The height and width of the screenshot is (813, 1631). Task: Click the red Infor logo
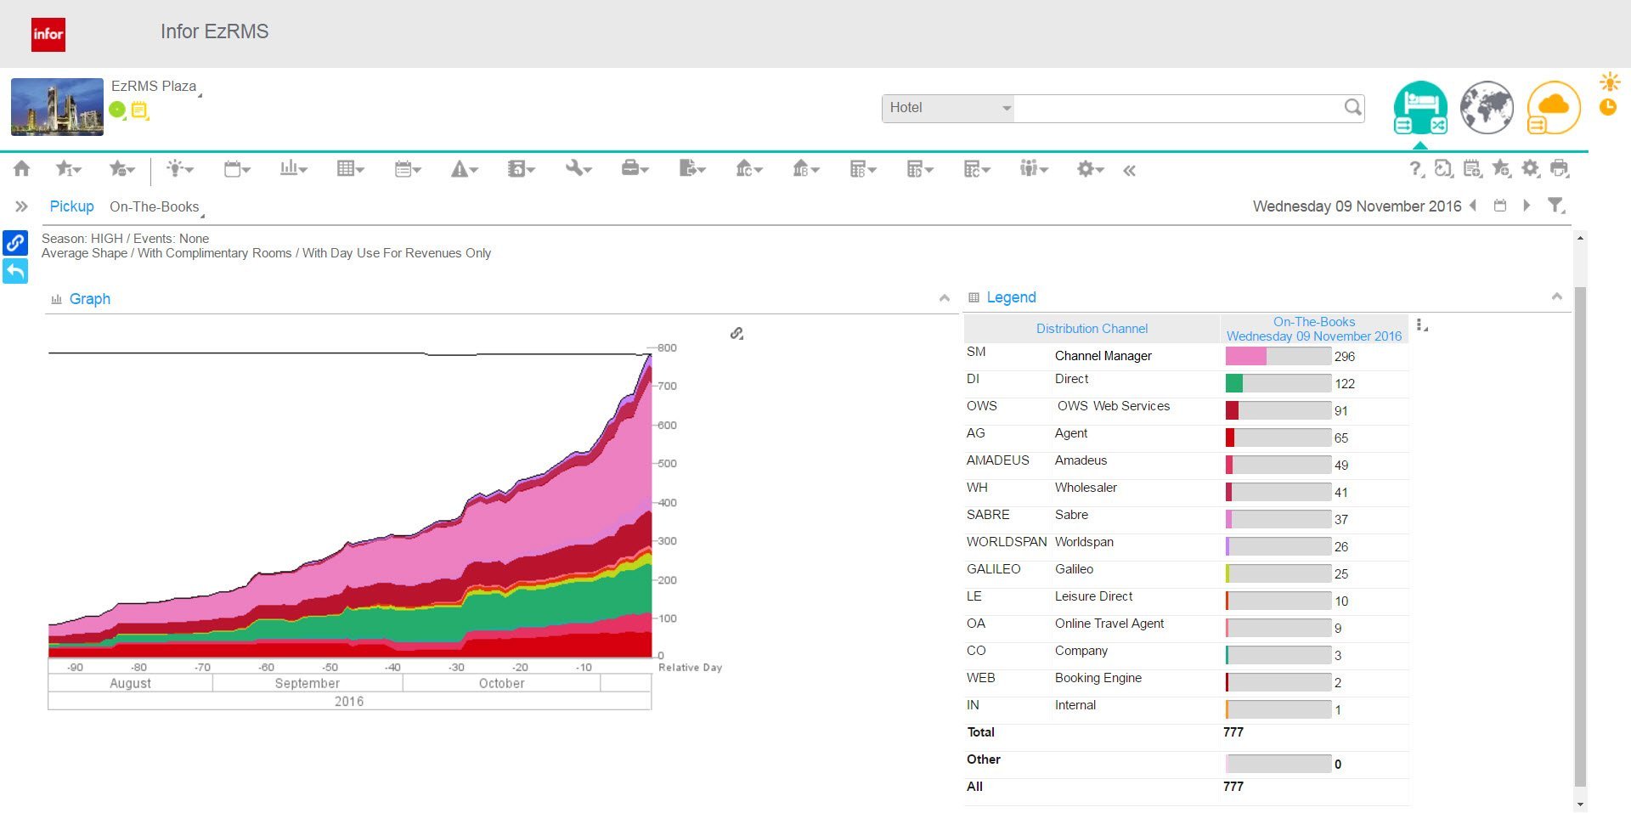pyautogui.click(x=48, y=34)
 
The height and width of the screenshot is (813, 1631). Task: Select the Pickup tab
pyautogui.click(x=71, y=206)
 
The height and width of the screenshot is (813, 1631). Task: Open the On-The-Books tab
pyautogui.click(x=155, y=206)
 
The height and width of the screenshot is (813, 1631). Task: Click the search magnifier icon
pyautogui.click(x=1352, y=107)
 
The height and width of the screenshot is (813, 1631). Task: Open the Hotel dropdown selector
pyautogui.click(x=948, y=108)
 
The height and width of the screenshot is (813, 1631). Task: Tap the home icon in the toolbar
pyautogui.click(x=22, y=168)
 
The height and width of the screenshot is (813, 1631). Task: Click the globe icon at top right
pyautogui.click(x=1487, y=108)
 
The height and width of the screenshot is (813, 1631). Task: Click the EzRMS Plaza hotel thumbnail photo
pyautogui.click(x=57, y=107)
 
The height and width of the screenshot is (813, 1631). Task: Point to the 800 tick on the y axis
pyautogui.click(x=667, y=347)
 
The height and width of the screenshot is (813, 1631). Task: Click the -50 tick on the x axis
pyautogui.click(x=330, y=668)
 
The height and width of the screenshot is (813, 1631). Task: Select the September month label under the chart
pyautogui.click(x=307, y=683)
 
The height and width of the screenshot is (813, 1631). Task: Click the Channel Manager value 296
pyautogui.click(x=1345, y=357)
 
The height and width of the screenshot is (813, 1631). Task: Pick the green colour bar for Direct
pyautogui.click(x=1234, y=384)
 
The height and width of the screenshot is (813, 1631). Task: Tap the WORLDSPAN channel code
pyautogui.click(x=1007, y=542)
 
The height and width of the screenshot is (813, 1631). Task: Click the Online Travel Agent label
pyautogui.click(x=1109, y=624)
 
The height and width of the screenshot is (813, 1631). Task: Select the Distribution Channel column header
pyautogui.click(x=1092, y=329)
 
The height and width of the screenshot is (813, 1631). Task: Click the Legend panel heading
pyautogui.click(x=1011, y=297)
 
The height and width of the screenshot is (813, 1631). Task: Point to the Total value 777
pyautogui.click(x=1233, y=732)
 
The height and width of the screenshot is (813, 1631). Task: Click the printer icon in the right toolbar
pyautogui.click(x=1559, y=168)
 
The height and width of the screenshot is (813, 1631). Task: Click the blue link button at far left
pyautogui.click(x=15, y=243)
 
